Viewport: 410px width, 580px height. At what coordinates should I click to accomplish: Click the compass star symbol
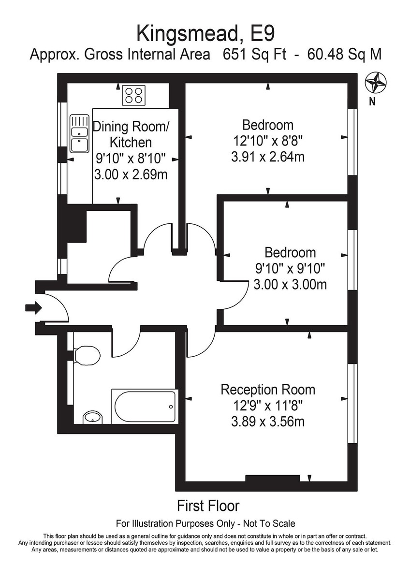point(376,83)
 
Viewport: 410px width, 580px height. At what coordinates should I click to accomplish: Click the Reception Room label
point(267,390)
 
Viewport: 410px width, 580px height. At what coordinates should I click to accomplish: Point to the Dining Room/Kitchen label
point(131,134)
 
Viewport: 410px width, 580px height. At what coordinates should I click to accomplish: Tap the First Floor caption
point(208,506)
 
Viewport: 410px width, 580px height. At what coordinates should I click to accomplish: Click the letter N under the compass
point(372,101)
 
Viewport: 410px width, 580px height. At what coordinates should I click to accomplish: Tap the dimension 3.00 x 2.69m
point(131,174)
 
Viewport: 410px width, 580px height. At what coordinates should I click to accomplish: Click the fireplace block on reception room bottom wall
point(272,478)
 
